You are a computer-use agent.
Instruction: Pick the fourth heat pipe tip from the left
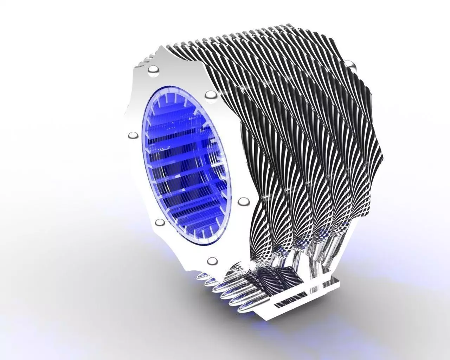click(227, 296)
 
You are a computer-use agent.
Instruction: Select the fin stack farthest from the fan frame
click(359, 141)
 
